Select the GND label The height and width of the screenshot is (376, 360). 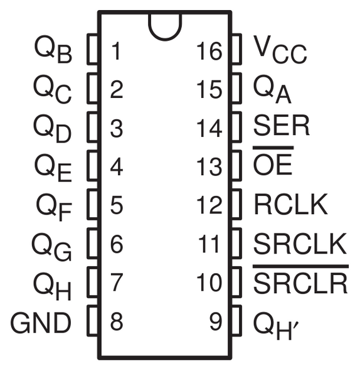click(41, 323)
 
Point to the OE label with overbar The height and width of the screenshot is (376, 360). click(273, 165)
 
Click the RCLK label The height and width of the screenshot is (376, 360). click(291, 204)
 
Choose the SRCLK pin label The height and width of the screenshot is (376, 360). click(300, 244)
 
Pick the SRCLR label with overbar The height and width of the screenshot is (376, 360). click(300, 282)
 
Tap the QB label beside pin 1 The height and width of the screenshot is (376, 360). click(53, 51)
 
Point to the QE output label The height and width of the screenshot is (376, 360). click(53, 168)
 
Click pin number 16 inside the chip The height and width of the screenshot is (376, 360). click(209, 51)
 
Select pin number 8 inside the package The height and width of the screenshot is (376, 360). click(116, 323)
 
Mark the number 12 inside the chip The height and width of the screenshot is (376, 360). click(209, 205)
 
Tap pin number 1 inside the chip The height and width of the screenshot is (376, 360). click(115, 51)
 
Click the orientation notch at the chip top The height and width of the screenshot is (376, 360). click(164, 23)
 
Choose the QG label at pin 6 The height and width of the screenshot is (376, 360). click(53, 246)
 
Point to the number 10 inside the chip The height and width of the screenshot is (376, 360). click(209, 283)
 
